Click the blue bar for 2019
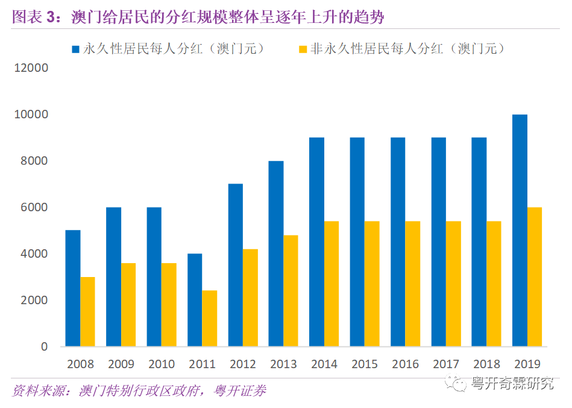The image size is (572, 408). coord(520,231)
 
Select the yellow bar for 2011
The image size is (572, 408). coord(210,319)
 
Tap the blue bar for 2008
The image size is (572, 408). coord(73,288)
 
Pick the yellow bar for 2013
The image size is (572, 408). coord(291,291)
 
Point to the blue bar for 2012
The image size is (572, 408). coord(236,266)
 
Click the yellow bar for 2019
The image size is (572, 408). coord(535,277)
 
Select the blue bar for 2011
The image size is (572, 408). coord(195,300)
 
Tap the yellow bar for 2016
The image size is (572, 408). coord(413,284)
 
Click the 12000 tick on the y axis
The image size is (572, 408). coord(31,68)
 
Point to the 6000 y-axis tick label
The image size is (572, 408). coord(35,208)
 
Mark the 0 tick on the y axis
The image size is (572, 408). coord(44,347)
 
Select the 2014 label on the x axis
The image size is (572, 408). coord(324,365)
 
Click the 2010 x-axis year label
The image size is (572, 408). coord(162,365)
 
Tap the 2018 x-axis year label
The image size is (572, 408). coord(486,365)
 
